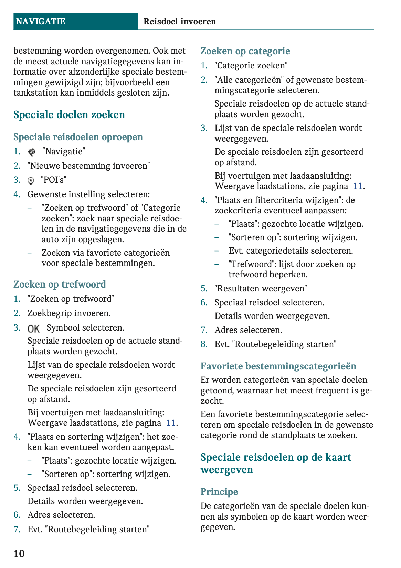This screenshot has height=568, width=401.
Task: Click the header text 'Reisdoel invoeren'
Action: pos(180,22)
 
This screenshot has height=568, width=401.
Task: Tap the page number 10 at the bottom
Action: pos(19,554)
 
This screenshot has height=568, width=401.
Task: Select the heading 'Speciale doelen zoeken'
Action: pos(69,115)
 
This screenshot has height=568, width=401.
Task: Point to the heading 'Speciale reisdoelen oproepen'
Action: pos(78,137)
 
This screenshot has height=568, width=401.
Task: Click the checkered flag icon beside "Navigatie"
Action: pos(32,152)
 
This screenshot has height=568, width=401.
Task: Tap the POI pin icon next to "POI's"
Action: pos(31,180)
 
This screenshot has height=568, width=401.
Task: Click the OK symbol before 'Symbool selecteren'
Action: pos(34,329)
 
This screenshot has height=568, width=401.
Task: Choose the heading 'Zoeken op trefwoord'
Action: pos(60,285)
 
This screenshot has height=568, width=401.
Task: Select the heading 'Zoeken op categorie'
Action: pos(245,51)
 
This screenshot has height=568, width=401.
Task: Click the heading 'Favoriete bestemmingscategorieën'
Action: pos(278,366)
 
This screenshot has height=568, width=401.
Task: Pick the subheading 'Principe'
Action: pos(219,492)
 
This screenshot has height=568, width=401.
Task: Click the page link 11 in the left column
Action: pos(171,423)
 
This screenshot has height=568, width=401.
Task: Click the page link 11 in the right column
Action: pos(358,186)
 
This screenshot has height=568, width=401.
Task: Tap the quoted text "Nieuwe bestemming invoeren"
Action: pos(89,166)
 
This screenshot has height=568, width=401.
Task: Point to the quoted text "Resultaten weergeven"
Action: pos(261,289)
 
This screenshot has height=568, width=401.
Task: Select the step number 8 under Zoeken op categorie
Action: pos(204,344)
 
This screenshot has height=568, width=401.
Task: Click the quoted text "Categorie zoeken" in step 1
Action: pos(251,66)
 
